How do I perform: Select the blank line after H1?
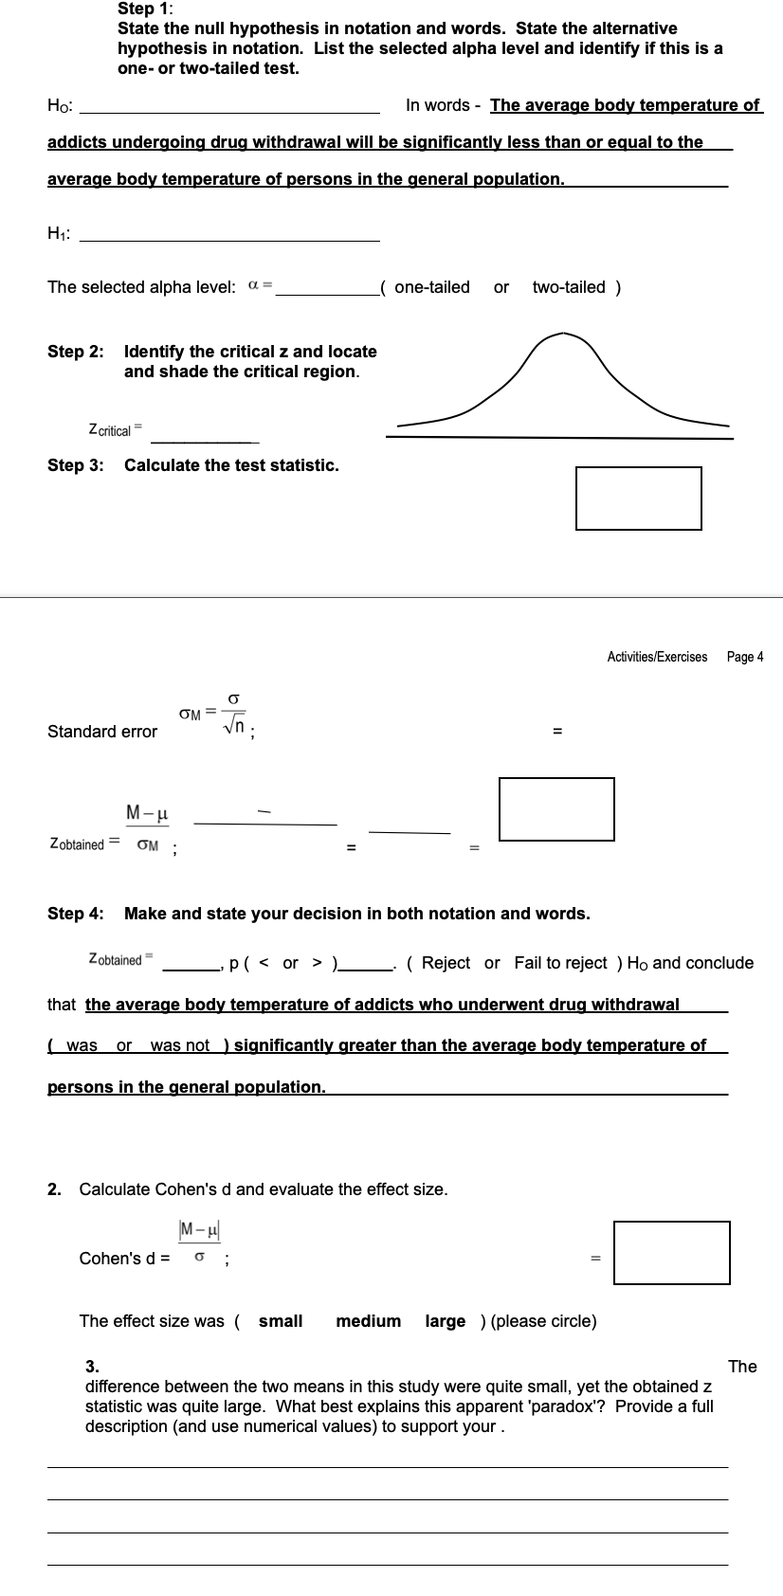[229, 238]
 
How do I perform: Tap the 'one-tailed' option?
[431, 287]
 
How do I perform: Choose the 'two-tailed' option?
[569, 287]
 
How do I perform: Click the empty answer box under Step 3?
[638, 499]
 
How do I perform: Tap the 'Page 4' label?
[744, 657]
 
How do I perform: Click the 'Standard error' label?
[102, 732]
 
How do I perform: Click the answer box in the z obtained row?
[556, 808]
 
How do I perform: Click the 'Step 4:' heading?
[76, 914]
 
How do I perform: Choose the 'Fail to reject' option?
[560, 963]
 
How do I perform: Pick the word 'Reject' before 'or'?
[446, 963]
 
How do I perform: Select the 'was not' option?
[179, 1045]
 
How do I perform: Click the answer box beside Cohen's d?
[671, 1253]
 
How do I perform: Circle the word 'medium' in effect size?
[368, 1321]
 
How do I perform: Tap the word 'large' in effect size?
[445, 1321]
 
